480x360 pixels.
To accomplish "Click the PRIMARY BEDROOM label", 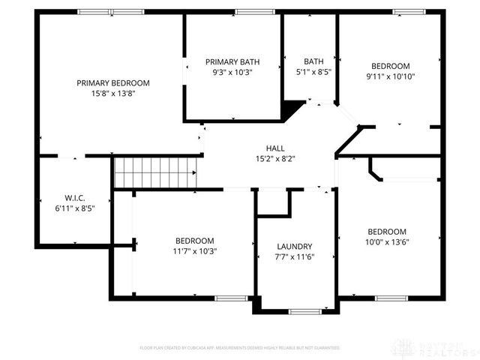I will [x=113, y=83].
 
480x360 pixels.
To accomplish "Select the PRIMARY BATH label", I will [x=233, y=61].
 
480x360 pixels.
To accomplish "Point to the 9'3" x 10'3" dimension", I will [x=233, y=72].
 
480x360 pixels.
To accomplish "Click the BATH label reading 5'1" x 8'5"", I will [x=313, y=61].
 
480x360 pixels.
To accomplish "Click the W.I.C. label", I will [x=74, y=198].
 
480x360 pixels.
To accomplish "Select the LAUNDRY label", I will [x=294, y=246].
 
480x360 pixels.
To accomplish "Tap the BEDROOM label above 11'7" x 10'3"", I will [x=195, y=241].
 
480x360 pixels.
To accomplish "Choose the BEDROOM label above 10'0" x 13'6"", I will [x=387, y=232].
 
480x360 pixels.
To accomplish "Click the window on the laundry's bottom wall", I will [x=304, y=311].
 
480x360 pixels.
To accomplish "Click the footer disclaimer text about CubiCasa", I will [x=240, y=348].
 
